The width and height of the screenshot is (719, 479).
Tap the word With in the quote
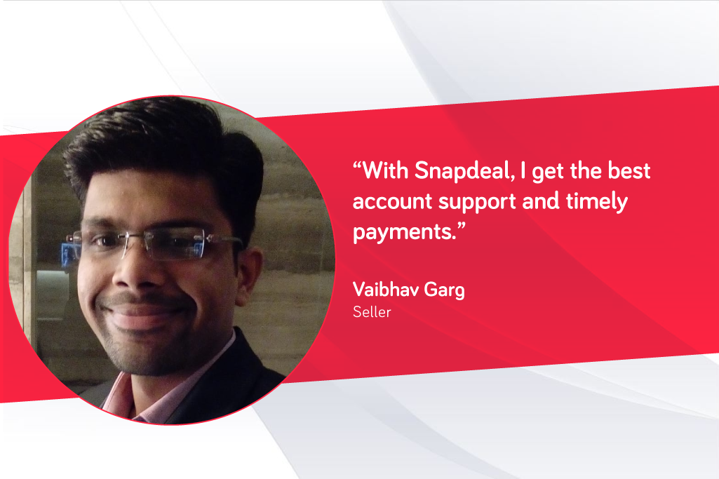pos(385,170)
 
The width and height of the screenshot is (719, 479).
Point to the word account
pos(393,202)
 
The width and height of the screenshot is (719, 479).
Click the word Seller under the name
pos(372,312)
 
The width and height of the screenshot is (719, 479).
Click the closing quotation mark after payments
pos(461,226)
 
